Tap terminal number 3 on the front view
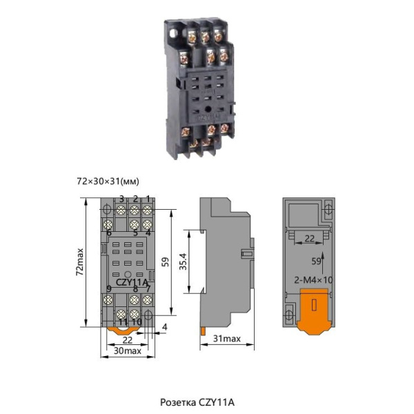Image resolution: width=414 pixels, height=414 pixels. [121, 199]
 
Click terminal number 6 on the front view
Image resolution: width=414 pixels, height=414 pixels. [109, 233]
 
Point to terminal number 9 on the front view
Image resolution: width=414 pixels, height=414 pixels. [109, 288]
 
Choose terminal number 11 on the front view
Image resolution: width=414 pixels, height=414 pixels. [123, 322]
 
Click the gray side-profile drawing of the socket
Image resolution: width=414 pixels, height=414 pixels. [221, 262]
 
